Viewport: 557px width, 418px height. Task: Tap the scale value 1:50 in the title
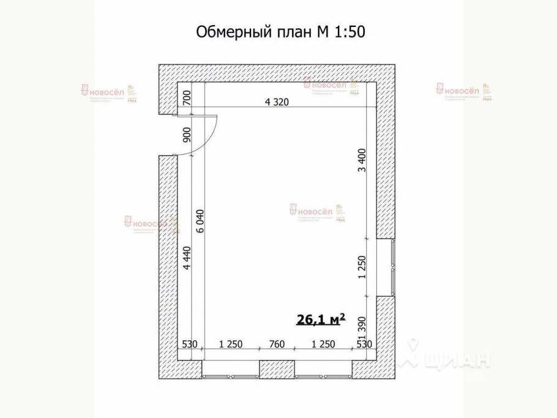click(350, 32)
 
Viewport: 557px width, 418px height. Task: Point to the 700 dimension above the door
click(187, 98)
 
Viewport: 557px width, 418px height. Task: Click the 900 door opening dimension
click(187, 135)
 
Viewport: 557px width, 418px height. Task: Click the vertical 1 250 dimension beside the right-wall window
click(361, 268)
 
